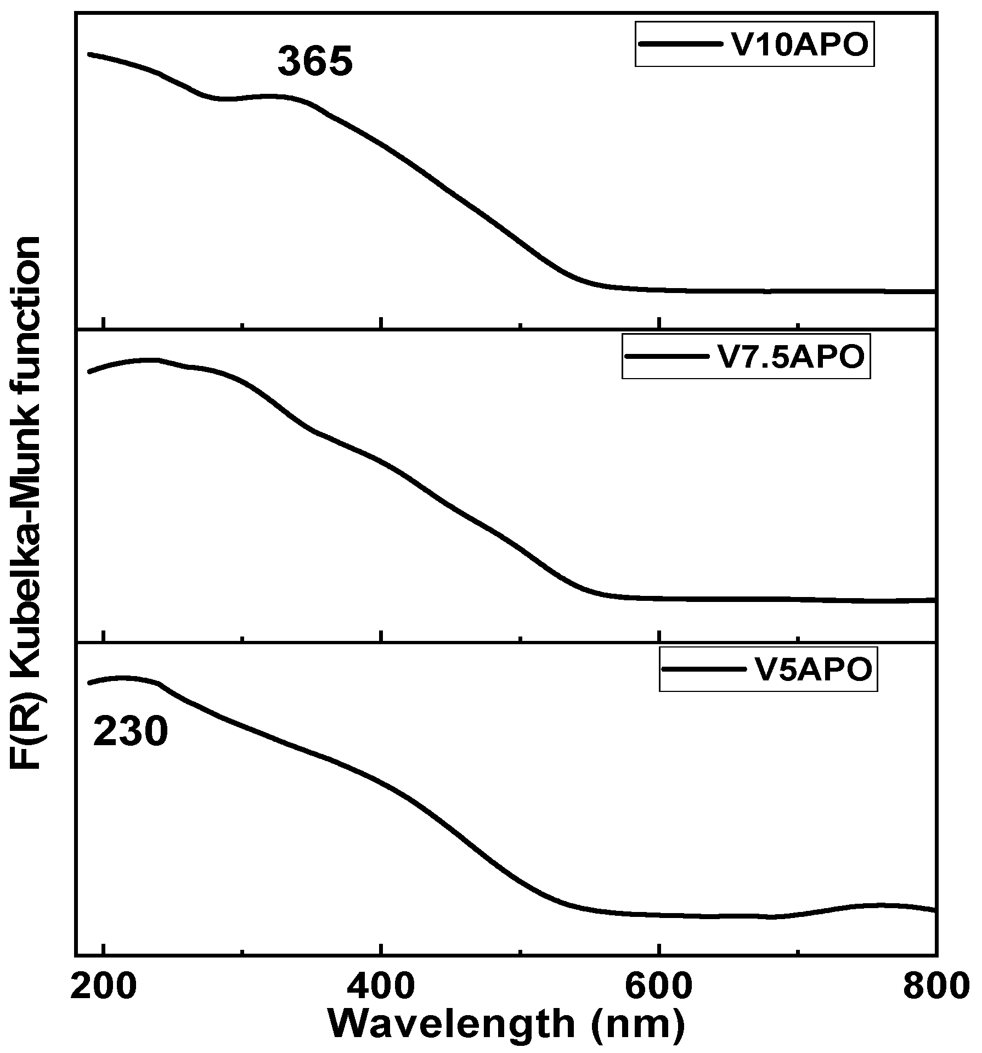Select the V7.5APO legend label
click(x=791, y=357)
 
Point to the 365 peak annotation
click(x=315, y=61)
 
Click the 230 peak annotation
click(x=130, y=733)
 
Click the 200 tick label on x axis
click(x=104, y=987)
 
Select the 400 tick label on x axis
click(x=381, y=987)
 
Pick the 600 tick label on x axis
click(x=658, y=987)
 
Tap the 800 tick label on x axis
click(x=934, y=987)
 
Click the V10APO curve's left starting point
click(x=89, y=54)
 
